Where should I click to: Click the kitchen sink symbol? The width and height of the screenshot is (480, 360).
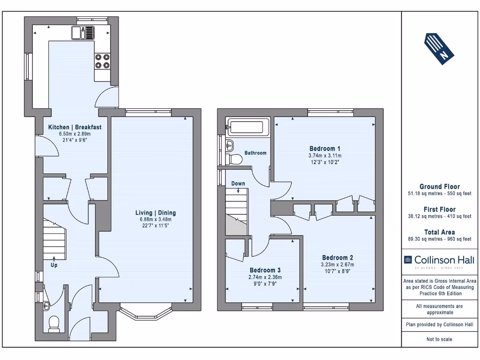pyautogui.click(x=83, y=33)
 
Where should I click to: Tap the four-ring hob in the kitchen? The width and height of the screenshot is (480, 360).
pyautogui.click(x=102, y=61)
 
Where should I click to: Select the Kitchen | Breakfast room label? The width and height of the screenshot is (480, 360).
pyautogui.click(x=75, y=127)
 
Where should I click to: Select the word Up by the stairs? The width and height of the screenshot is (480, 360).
pyautogui.click(x=54, y=265)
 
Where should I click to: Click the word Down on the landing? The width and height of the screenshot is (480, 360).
pyautogui.click(x=238, y=184)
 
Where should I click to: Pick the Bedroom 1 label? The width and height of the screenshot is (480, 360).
pyautogui.click(x=325, y=149)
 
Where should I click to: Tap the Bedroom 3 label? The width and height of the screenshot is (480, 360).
pyautogui.click(x=265, y=270)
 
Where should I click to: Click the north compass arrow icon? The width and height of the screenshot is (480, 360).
pyautogui.click(x=439, y=48)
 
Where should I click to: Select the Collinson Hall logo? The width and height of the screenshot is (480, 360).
pyautogui.click(x=439, y=260)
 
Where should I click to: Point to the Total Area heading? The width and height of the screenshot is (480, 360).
pyautogui.click(x=439, y=232)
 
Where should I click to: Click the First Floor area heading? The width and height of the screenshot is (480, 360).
pyautogui.click(x=439, y=210)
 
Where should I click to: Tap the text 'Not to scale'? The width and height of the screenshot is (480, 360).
pyautogui.click(x=439, y=339)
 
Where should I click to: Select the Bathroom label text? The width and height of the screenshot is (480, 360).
pyautogui.click(x=255, y=153)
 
